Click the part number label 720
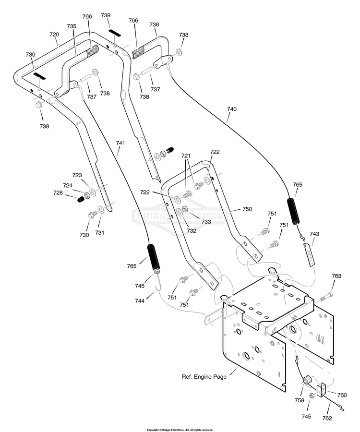[x=54, y=35]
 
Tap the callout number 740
[x=232, y=109]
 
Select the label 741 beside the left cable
[x=120, y=143]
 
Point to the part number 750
[x=247, y=209]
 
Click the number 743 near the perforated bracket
[x=314, y=234]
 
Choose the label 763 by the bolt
[x=336, y=276]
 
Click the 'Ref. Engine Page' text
[x=204, y=377]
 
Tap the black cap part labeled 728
[x=81, y=200]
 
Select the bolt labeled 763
[x=326, y=298]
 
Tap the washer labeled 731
[x=101, y=210]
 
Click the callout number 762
[x=327, y=418]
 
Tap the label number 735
[x=72, y=26]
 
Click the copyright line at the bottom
[x=180, y=430]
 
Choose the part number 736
[x=154, y=24]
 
